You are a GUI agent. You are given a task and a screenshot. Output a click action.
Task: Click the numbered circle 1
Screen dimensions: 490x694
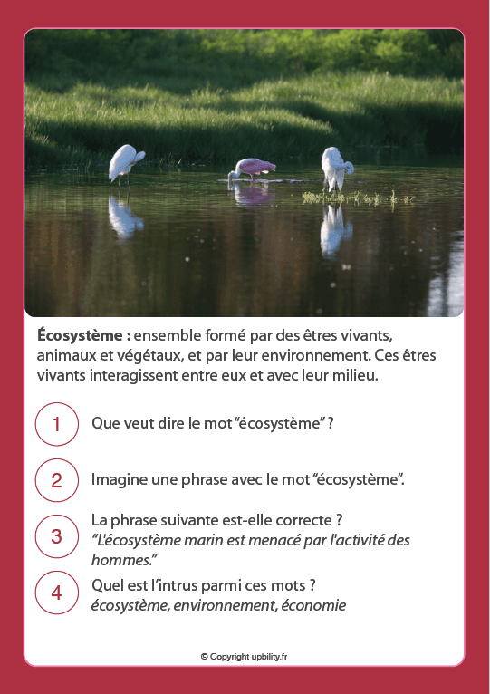(x=56, y=424)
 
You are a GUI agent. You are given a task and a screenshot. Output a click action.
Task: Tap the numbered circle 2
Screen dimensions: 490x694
(x=56, y=480)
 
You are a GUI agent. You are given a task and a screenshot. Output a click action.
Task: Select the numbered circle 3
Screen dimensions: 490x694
(x=56, y=536)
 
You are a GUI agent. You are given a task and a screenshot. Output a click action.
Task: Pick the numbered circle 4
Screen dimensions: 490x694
(x=56, y=593)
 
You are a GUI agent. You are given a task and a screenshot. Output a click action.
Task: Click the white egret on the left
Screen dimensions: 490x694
(x=125, y=163)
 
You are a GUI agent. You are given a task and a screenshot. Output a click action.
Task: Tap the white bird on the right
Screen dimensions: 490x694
(x=336, y=168)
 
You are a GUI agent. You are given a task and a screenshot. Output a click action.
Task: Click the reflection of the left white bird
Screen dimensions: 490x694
(x=124, y=217)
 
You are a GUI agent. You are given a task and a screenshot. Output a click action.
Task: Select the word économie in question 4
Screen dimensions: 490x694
(x=314, y=606)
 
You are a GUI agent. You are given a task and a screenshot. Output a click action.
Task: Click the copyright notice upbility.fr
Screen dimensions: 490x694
(x=244, y=656)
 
